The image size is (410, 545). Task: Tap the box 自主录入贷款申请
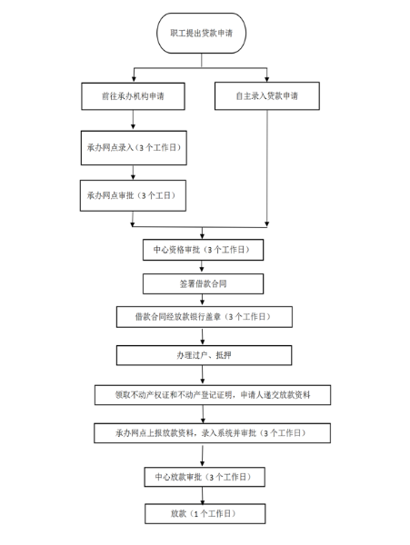pyautogui.click(x=267, y=95)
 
